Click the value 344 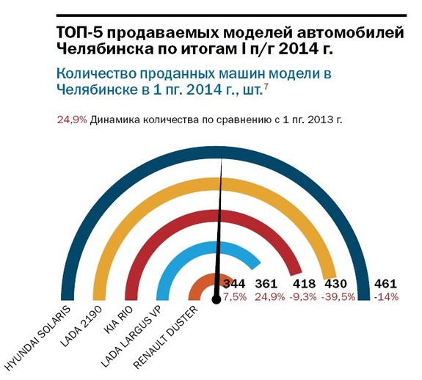tap(234, 284)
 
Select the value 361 tap(267, 284)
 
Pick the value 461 tap(386, 284)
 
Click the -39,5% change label tap(340, 296)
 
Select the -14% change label tap(386, 296)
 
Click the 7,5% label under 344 tap(235, 296)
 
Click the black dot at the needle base tap(216, 299)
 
